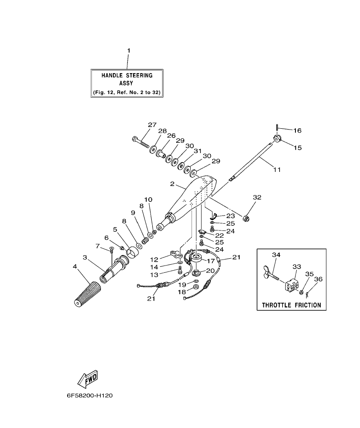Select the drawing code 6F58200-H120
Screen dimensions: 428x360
[x=89, y=396]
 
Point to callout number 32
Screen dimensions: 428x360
[x=257, y=198]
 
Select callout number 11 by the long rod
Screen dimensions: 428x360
[x=277, y=170]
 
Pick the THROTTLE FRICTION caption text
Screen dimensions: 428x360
[x=291, y=305]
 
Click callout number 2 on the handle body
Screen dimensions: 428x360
[x=172, y=184]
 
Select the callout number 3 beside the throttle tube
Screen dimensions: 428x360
[x=85, y=257]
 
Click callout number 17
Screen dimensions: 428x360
[x=211, y=260]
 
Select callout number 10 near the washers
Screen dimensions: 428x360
[x=148, y=200]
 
